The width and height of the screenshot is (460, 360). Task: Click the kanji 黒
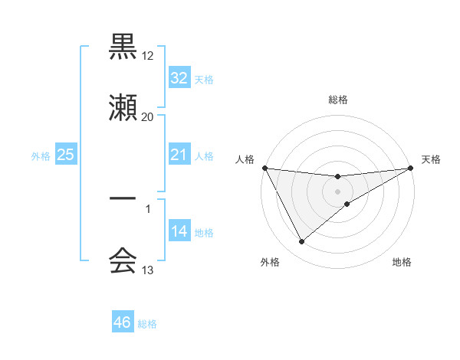[123, 47]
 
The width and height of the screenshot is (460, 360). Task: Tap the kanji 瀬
[123, 109]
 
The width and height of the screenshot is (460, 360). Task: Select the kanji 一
[123, 199]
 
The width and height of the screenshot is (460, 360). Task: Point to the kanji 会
[123, 261]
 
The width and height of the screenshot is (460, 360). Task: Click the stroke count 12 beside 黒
[147, 55]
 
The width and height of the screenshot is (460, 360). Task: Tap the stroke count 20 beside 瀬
[147, 116]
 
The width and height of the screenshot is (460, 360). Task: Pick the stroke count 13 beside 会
[147, 270]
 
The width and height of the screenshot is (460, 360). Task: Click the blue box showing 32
[179, 78]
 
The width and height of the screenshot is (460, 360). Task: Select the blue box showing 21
[179, 155]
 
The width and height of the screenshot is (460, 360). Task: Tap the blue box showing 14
[179, 231]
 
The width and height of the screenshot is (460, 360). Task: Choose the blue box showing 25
[66, 155]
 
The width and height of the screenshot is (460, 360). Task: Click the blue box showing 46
[123, 323]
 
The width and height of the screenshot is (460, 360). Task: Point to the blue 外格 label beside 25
[41, 156]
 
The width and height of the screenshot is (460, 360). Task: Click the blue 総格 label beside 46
[147, 324]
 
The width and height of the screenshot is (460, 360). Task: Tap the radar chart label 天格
[431, 159]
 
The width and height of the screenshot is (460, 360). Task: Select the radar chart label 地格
[402, 262]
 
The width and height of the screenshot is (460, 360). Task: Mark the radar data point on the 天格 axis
[411, 168]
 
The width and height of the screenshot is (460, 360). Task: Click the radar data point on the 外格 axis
[301, 242]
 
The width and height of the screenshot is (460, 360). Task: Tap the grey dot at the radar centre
[338, 191]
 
